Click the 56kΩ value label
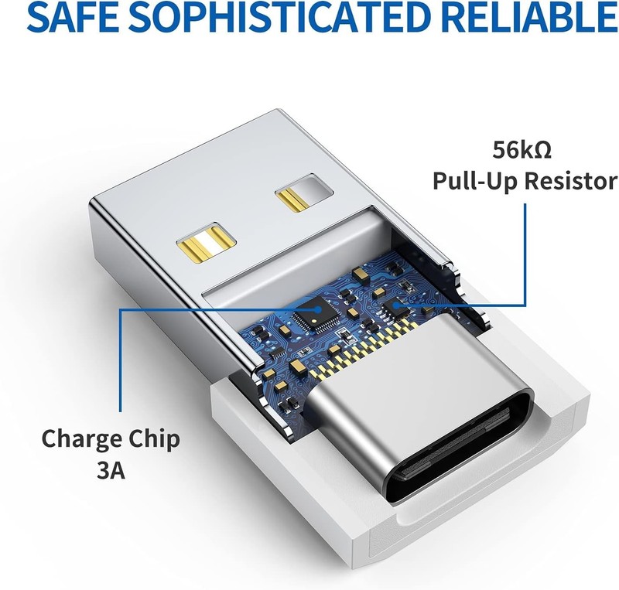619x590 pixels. pos(522,150)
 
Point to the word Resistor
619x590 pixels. pos(570,182)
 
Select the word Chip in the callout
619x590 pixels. pos(154,440)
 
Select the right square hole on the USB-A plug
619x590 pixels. pos(304,193)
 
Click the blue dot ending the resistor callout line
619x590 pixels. pos(397,304)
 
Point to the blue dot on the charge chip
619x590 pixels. pos(318,310)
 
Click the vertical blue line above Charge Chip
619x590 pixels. pos(121,360)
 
